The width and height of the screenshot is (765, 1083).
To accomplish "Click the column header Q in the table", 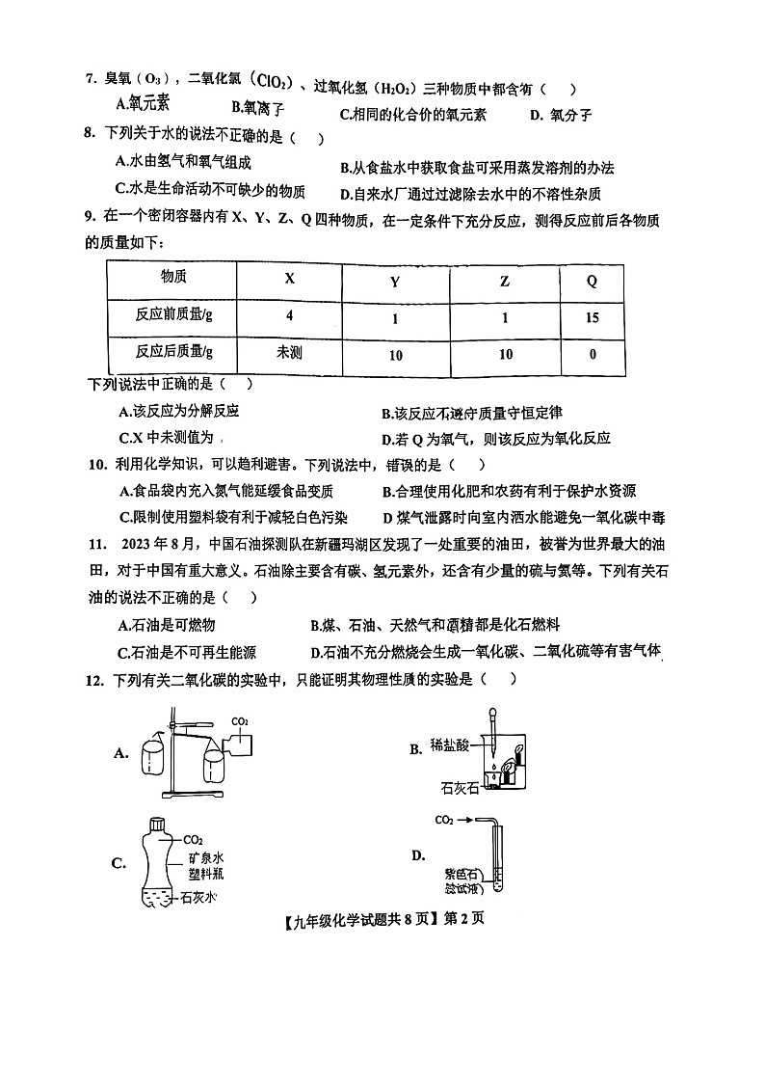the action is (x=592, y=281).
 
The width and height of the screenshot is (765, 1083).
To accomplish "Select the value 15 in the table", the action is (x=592, y=316).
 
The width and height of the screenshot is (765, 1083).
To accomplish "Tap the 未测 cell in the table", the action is (x=289, y=353).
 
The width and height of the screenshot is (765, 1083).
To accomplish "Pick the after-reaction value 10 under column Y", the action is (x=395, y=355).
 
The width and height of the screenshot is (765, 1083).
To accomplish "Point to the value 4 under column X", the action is (x=289, y=316).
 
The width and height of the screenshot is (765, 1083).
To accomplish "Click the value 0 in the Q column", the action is (x=592, y=354).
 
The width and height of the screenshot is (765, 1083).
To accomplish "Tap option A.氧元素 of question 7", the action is (x=143, y=103).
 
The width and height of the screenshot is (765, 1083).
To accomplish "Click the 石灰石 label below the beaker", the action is (x=459, y=788).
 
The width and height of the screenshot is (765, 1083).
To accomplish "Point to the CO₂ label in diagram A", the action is (x=240, y=720).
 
